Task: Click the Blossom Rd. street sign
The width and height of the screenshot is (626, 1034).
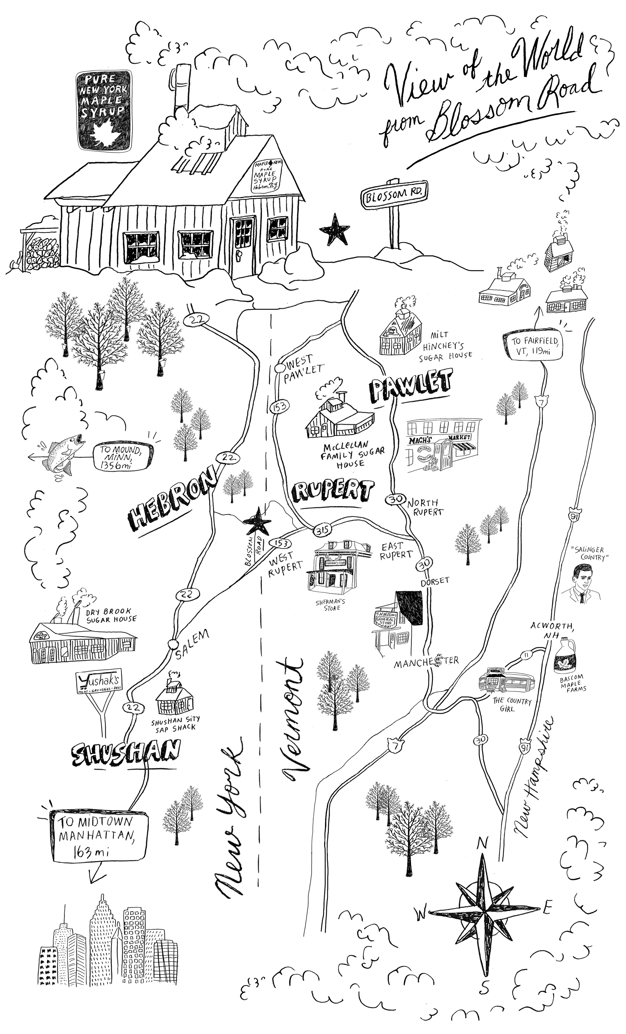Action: pyautogui.click(x=394, y=194)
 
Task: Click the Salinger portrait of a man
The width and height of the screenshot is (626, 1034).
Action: pyautogui.click(x=581, y=583)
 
